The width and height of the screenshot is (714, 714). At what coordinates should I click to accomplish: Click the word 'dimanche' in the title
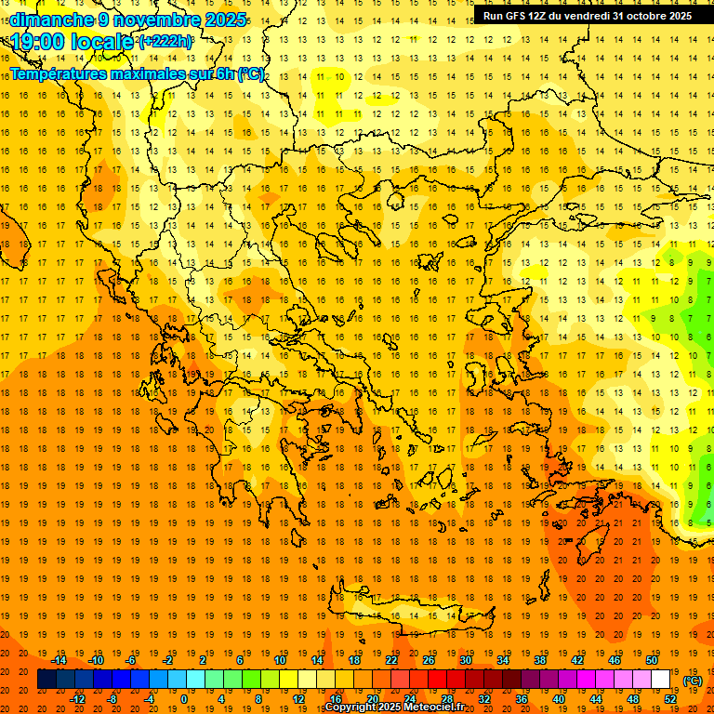[x=49, y=20]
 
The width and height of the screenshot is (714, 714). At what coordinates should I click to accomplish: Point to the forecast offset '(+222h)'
[x=165, y=42]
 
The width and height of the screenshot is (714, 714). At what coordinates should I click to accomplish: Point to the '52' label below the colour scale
[x=670, y=699]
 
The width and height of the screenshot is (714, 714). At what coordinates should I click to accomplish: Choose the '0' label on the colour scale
[x=184, y=699]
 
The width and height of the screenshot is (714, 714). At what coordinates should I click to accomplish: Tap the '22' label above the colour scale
[x=391, y=660]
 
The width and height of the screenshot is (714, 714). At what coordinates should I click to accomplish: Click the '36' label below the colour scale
[x=522, y=699]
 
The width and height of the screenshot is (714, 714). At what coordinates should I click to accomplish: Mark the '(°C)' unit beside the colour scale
[x=693, y=681]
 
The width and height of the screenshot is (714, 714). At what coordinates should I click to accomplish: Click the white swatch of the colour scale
[x=660, y=680]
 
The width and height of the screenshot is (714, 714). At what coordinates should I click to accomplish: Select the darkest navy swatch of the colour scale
[x=46, y=680]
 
